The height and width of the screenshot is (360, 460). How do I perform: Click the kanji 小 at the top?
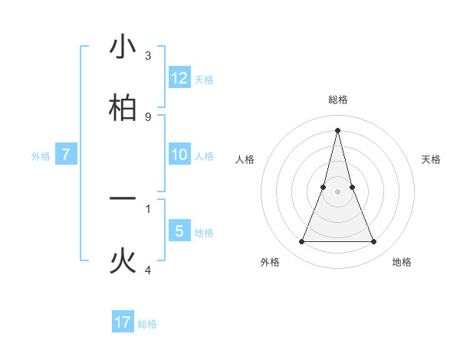coord(123,47)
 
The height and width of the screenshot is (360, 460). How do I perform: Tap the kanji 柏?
coord(123,106)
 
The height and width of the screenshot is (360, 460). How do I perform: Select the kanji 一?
coord(123,198)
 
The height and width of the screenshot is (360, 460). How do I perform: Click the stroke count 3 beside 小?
coord(148,56)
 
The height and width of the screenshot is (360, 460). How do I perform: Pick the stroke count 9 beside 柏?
coord(148,116)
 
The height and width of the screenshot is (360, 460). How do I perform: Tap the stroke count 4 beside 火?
coord(148,270)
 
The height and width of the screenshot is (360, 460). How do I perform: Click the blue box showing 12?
coord(179,78)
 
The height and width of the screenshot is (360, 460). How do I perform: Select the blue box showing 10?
coord(179,155)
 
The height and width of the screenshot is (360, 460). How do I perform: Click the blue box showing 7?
coord(66,155)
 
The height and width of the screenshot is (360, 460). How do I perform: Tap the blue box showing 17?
coord(123,322)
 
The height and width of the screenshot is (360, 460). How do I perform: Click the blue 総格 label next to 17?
coord(147,324)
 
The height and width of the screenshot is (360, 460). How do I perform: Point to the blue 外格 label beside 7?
coord(41,156)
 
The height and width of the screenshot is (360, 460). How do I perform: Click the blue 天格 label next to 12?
coord(204,80)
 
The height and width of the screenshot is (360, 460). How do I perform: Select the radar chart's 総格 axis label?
coord(338,100)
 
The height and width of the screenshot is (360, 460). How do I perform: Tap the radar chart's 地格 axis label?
coord(402,262)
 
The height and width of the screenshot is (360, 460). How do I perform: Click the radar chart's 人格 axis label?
coord(245,159)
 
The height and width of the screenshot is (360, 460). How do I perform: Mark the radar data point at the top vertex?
coord(338,129)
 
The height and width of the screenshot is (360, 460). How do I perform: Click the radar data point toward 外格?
coord(301,242)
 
